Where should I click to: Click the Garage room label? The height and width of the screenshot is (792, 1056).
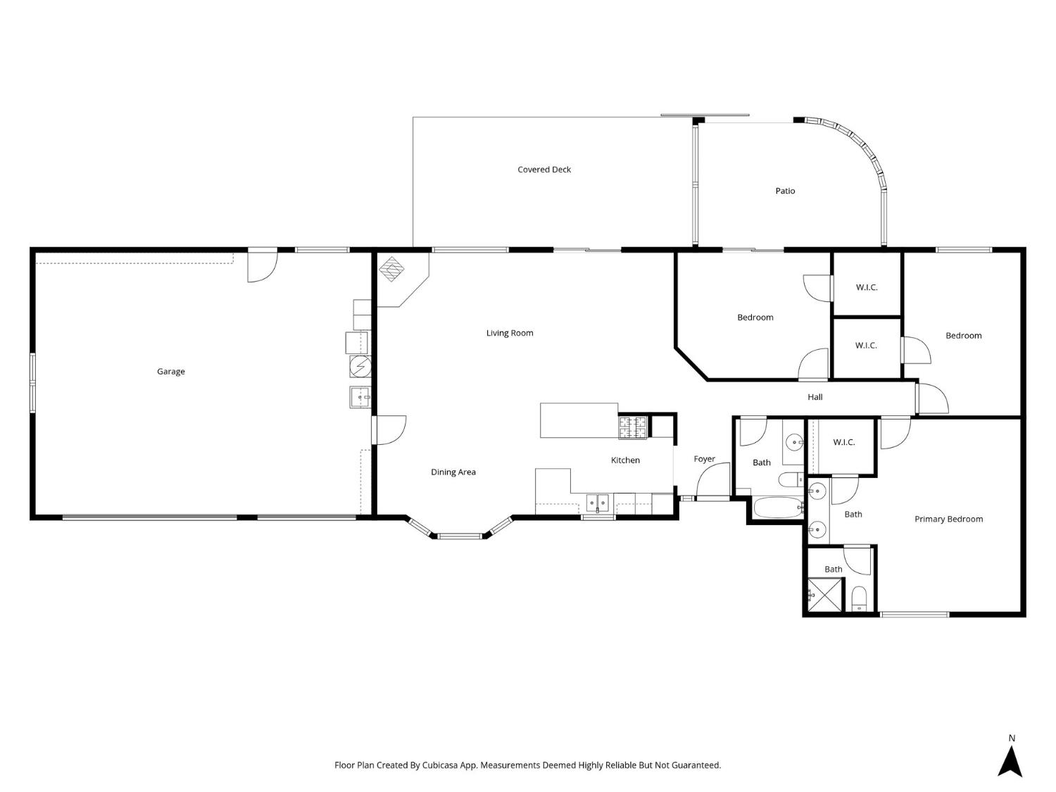click(x=170, y=372)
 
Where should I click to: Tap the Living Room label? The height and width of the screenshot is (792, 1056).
click(x=510, y=333)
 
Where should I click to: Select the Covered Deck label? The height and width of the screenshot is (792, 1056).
click(x=544, y=170)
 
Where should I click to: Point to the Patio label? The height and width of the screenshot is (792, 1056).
click(x=785, y=191)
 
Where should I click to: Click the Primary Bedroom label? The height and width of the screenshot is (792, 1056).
click(x=948, y=520)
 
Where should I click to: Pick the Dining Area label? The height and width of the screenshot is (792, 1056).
click(x=453, y=472)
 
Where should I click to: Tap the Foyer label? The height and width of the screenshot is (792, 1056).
click(x=704, y=459)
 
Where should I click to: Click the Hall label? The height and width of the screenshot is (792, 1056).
click(x=815, y=397)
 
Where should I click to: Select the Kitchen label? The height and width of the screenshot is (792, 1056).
click(x=625, y=460)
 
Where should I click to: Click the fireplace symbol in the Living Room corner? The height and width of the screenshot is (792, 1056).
click(x=391, y=269)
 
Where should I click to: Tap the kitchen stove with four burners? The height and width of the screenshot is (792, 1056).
click(x=632, y=427)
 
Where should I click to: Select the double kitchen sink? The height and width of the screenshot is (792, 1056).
click(x=598, y=503)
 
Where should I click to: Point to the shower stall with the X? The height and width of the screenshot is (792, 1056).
click(x=825, y=595)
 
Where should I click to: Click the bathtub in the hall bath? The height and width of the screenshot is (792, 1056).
click(x=778, y=508)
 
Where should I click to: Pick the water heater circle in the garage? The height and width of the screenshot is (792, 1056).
click(x=360, y=367)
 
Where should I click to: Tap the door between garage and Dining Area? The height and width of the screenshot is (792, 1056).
click(x=387, y=430)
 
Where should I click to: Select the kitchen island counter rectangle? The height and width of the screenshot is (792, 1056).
click(x=579, y=420)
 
